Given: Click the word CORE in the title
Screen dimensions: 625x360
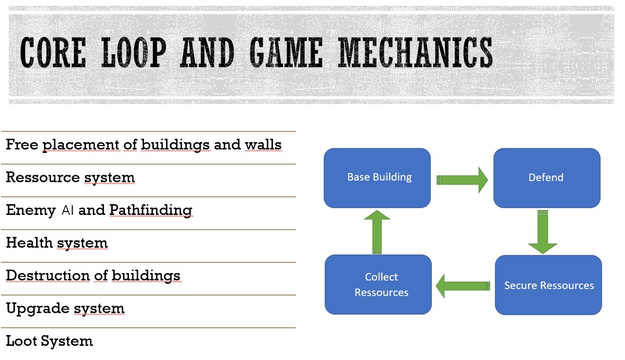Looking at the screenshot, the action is pos(53,52).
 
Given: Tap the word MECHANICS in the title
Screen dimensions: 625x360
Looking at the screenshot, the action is pos(416,52).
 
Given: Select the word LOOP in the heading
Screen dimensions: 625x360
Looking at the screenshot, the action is pos(134,52).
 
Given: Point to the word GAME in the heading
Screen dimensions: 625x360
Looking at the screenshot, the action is pos(286,52).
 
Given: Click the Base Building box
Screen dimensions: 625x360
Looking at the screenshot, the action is pos(377,178).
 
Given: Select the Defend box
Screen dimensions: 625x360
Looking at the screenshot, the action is pos(547,178).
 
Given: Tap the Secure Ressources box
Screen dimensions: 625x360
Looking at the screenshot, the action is pos(548,285).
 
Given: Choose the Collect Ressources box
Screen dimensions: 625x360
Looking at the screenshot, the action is pos(378,284).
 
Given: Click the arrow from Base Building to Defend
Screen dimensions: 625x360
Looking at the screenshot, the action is pos(462,180).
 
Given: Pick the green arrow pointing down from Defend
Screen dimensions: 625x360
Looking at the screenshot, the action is pos(542,232).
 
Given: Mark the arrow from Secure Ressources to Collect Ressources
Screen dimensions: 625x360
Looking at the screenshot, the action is pos(463,286).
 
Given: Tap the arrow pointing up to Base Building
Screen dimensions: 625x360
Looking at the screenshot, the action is pos(377,232).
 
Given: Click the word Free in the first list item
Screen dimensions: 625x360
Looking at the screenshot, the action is pos(22,145).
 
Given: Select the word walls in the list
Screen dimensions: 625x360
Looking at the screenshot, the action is pos(263,145).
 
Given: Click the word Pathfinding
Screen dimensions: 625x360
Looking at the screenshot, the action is pos(151,211).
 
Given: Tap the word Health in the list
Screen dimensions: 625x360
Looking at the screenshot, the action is pos(29,242).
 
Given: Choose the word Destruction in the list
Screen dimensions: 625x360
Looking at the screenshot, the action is pos(48,275).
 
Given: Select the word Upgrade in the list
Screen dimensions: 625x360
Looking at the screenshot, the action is pos(38,309).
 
